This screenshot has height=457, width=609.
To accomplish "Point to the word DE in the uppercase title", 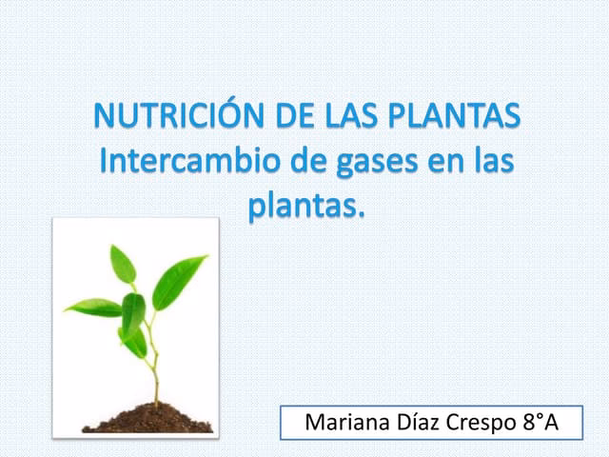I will coord(299,117).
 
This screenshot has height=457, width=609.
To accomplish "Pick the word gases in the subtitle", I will coord(374,162).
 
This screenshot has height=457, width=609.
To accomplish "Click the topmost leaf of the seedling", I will coord(123,263).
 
